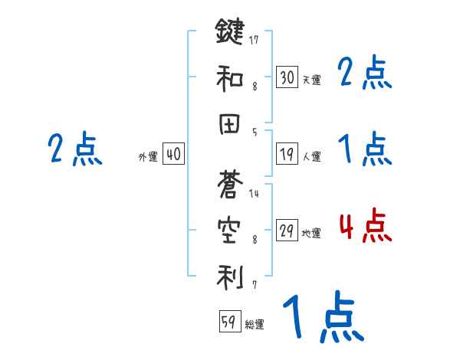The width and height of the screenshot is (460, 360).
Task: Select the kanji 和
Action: click(x=229, y=77)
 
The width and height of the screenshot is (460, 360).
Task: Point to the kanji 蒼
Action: click(x=229, y=183)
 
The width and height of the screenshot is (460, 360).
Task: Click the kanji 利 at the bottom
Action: click(x=229, y=275)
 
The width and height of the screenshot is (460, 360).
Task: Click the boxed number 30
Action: click(x=287, y=77)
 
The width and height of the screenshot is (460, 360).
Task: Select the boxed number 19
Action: click(x=287, y=155)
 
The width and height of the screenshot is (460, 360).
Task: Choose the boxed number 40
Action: click(x=173, y=154)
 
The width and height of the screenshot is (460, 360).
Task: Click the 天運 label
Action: click(x=311, y=80)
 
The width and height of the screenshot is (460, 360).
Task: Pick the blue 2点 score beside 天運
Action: click(x=365, y=74)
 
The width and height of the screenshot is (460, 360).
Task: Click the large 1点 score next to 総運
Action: click(x=322, y=319)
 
